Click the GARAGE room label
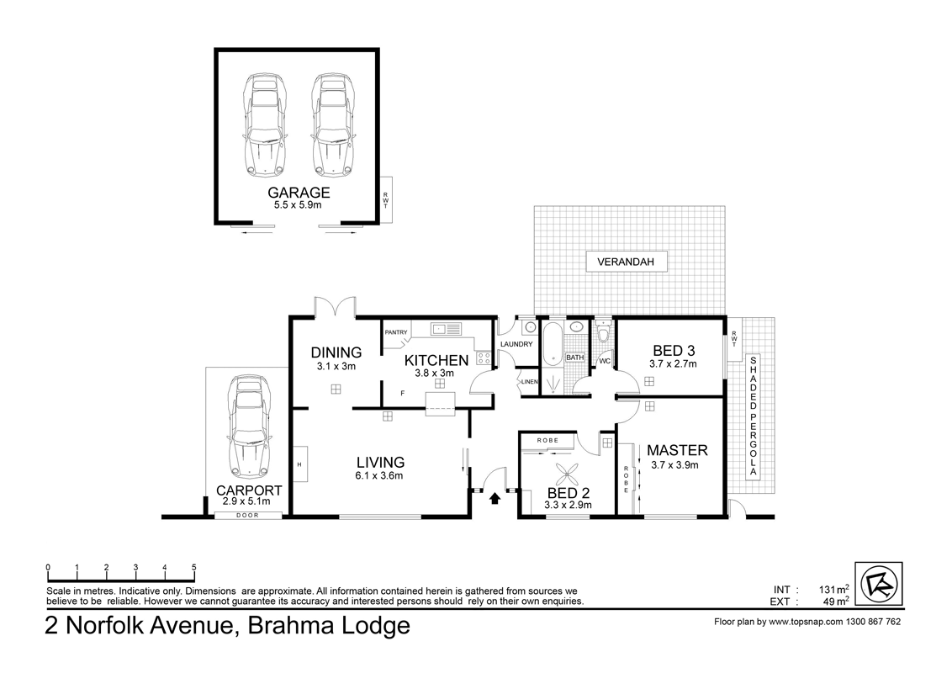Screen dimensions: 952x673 coord(299,193)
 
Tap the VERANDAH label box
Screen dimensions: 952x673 coord(626,262)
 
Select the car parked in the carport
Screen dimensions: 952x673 coord(248,427)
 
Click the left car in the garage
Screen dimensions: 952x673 coord(264,125)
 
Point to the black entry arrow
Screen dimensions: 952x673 coord(495,499)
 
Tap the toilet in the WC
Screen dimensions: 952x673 coord(604,332)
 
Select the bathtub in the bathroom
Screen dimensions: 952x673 coord(553,344)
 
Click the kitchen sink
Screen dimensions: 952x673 coord(446,329)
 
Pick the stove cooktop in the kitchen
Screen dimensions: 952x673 coord(484,358)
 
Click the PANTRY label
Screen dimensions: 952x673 coord(396,332)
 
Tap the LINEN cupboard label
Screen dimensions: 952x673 coord(530,381)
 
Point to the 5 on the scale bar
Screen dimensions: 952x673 coord(194,567)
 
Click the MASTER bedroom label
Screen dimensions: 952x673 coord(677,450)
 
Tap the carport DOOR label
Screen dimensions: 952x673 coord(247,515)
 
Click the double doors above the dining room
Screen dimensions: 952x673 coord(335,307)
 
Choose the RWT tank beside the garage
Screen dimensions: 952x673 coord(385,200)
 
